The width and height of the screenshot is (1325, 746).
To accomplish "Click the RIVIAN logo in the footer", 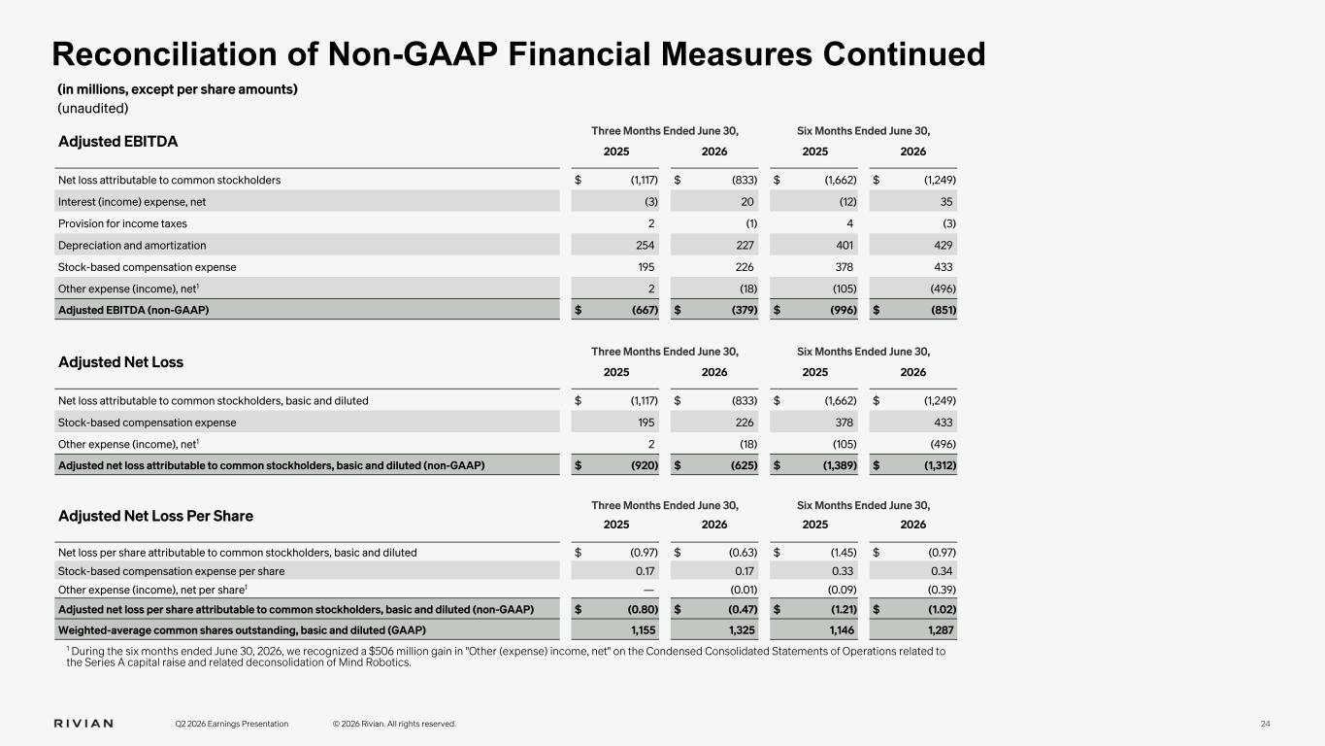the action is [83, 724].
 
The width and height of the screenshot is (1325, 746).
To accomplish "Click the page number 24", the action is [1265, 724].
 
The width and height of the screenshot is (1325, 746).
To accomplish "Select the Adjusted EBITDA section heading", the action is [117, 142].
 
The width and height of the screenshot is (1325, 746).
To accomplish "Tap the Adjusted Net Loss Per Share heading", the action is [155, 516].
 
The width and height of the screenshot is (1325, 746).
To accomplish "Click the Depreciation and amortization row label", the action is [132, 245].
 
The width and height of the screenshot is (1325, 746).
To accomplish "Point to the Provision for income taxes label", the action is [122, 223].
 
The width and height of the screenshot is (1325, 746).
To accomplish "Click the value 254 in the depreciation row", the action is [645, 245].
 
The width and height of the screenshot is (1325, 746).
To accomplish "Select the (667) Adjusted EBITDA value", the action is [645, 310].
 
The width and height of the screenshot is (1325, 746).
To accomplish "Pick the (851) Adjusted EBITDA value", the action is [944, 310].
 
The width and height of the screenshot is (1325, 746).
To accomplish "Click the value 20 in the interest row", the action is [747, 202].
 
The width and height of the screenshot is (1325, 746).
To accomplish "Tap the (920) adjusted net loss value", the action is [645, 465].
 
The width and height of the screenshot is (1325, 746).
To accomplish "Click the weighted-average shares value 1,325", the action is [742, 630].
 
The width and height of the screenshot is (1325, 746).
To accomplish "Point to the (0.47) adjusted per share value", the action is [743, 609].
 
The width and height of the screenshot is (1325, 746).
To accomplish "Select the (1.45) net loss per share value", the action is [843, 553].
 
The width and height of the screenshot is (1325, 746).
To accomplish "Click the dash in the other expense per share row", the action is [648, 591].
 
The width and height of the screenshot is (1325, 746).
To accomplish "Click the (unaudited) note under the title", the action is [93, 109].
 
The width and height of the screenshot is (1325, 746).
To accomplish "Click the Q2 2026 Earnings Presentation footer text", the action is [232, 724].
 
